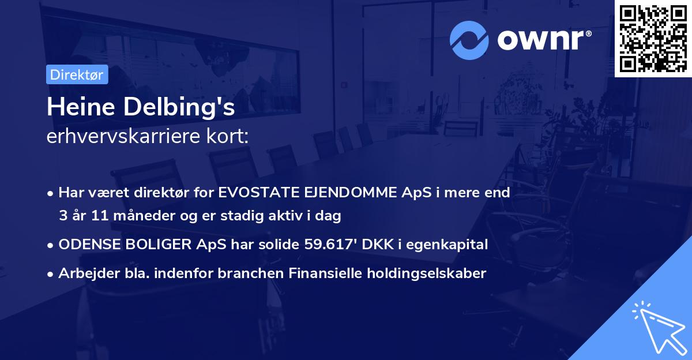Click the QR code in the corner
pos(653,39)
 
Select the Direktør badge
pos(77,74)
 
